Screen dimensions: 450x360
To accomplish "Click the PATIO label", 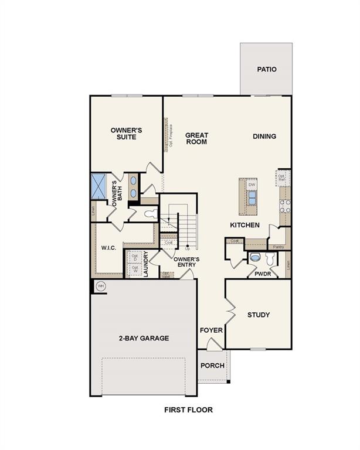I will (266, 69).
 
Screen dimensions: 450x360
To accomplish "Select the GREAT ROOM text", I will (196, 138).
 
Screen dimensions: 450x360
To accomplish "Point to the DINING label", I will (264, 137).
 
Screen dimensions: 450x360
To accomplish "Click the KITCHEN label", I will (240, 225).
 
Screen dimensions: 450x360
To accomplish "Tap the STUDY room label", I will (258, 315).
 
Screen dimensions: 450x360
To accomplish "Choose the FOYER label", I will (211, 330).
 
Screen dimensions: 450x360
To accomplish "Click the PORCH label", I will (212, 366).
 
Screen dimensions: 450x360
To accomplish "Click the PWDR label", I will (262, 274).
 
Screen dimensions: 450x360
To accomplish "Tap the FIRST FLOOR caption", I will (188, 410).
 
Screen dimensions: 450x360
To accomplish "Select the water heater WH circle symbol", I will (100, 285).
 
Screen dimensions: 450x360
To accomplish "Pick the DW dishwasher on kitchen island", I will (252, 185).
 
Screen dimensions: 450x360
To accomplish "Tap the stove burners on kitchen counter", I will (286, 205).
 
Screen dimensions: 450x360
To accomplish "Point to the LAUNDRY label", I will (146, 264).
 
